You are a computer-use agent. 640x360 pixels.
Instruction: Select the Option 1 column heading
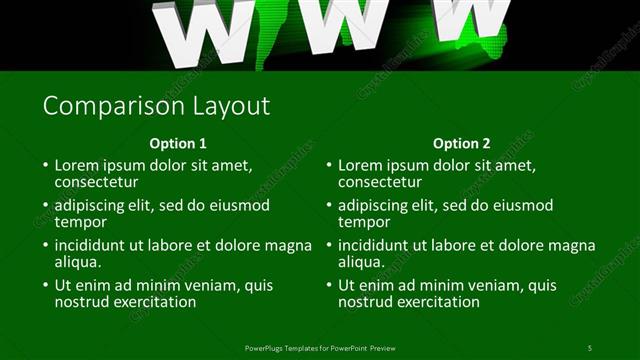pyautogui.click(x=178, y=143)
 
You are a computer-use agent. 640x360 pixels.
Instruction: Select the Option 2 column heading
pyautogui.click(x=462, y=143)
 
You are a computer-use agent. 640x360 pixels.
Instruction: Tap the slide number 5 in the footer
pyautogui.click(x=590, y=347)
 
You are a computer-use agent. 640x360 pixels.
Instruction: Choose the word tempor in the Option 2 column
pyautogui.click(x=364, y=222)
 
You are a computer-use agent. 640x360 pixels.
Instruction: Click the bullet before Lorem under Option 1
pyautogui.click(x=44, y=165)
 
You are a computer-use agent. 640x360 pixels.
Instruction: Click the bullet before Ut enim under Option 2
pyautogui.click(x=328, y=285)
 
